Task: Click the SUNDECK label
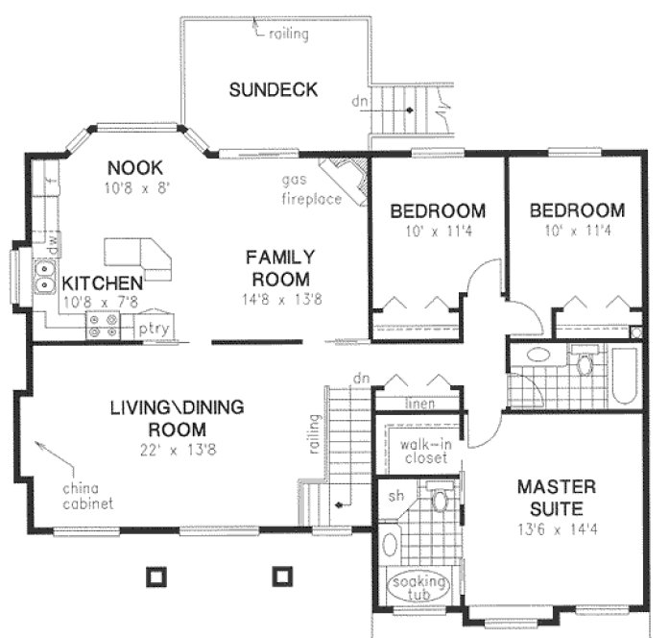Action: click(273, 91)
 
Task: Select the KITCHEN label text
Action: click(103, 283)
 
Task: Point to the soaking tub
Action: click(418, 587)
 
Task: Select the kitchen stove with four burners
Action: click(101, 327)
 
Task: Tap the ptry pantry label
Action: click(154, 329)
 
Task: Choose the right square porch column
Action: click(280, 576)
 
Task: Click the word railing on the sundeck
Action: click(289, 35)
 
